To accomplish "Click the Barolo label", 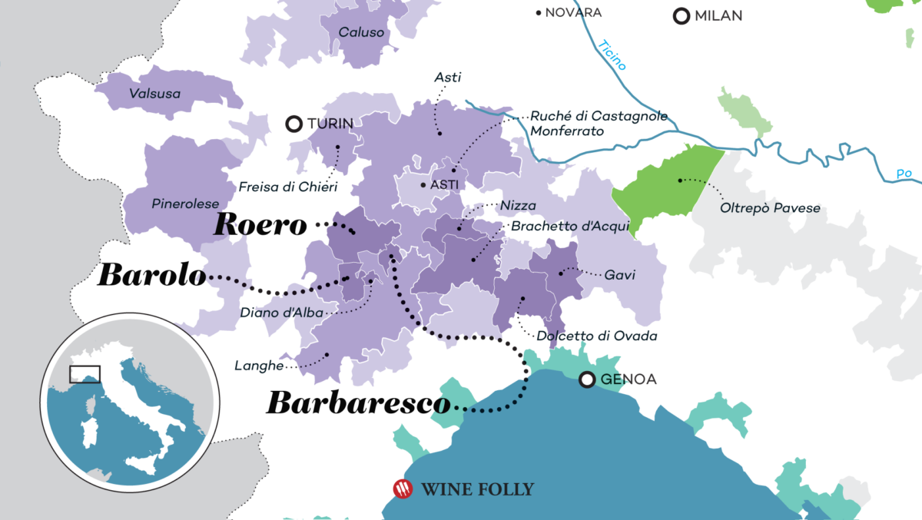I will click(151, 277).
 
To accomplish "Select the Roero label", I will click(260, 224).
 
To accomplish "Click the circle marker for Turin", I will click(293, 124).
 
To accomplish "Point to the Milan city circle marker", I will click(681, 16).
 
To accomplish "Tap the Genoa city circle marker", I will click(588, 379).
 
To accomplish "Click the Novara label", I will click(572, 12).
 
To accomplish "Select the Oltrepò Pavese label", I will click(770, 208).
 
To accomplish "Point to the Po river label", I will click(904, 174).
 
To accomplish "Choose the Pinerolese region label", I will click(181, 204).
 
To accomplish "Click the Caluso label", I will click(361, 34).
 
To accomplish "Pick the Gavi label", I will click(619, 275).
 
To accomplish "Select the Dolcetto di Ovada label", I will click(597, 336).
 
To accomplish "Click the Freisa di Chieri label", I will click(287, 187).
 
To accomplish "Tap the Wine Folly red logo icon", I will click(403, 489).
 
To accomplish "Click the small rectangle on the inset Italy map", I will click(85, 374).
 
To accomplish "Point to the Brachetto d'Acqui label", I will click(570, 226).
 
